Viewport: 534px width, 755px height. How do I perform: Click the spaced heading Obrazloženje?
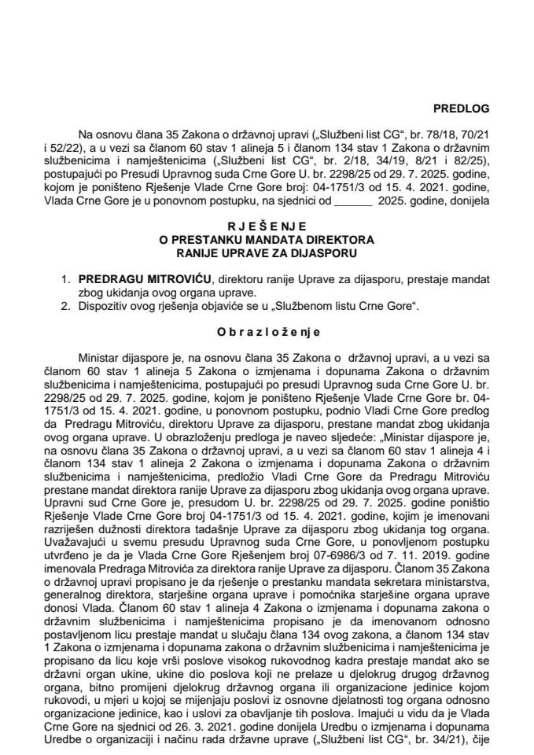point(267,333)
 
